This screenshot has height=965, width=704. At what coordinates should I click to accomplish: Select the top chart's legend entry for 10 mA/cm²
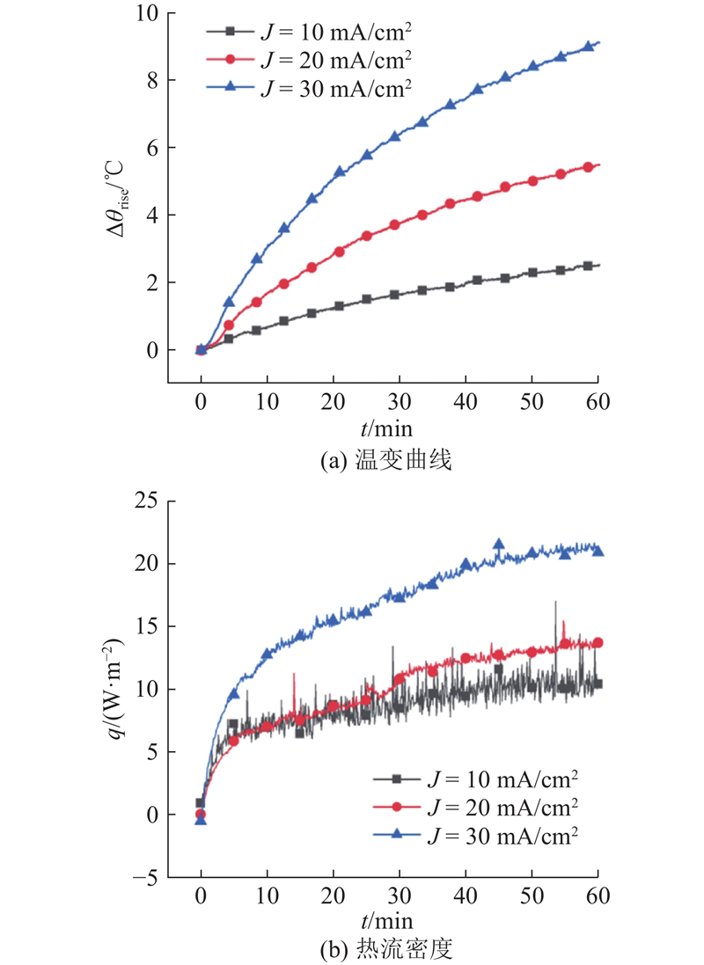tap(308, 32)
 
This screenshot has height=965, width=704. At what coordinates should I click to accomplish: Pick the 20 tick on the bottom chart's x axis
tap(334, 896)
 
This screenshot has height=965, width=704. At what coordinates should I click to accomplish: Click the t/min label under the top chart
tap(385, 428)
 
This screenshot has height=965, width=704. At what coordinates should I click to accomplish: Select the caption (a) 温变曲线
tap(385, 458)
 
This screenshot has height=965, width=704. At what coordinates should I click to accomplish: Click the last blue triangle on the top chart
tap(588, 48)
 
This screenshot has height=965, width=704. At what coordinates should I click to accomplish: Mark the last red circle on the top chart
tap(588, 167)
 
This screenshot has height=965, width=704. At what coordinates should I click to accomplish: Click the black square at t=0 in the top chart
tap(202, 350)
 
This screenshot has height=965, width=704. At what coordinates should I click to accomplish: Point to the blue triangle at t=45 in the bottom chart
tap(498, 545)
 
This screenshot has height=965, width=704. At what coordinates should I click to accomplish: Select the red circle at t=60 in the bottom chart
tap(598, 643)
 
